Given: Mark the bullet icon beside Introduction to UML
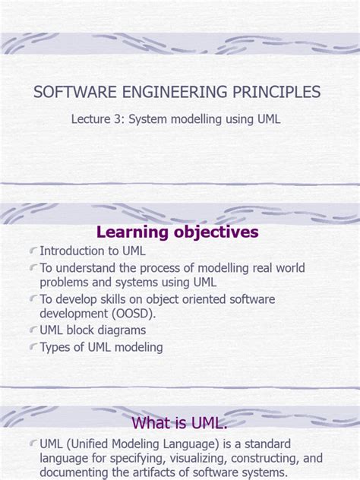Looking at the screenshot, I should click(x=33, y=251).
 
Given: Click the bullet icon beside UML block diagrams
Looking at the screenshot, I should click(x=33, y=331).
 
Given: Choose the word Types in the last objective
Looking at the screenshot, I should click(x=57, y=347).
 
